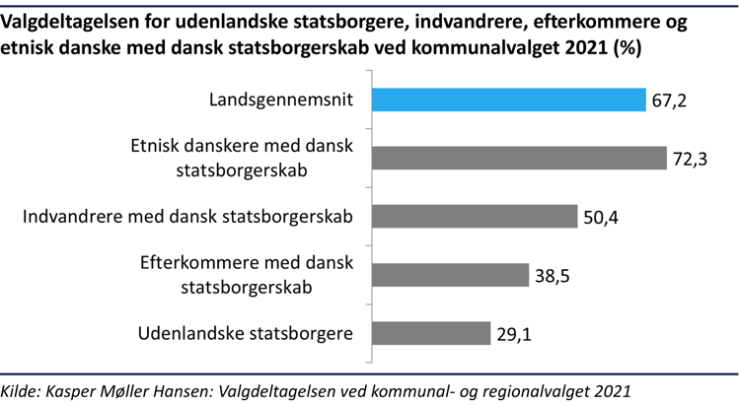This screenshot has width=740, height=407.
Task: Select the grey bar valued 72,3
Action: coord(519,158)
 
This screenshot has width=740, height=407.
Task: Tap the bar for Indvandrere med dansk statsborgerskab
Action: coord(473,216)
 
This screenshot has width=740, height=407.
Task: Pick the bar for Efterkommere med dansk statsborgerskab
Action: coord(449,274)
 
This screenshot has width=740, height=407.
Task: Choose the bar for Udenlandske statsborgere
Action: coord(430,333)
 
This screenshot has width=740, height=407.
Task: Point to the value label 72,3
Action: coord(689,158)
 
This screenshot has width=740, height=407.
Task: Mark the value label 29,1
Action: coord(513,333)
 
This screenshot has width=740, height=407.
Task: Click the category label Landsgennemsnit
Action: coord(281,100)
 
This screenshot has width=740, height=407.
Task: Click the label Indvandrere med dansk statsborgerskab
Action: coord(188,216)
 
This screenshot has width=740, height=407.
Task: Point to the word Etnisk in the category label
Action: coord(157,147)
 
